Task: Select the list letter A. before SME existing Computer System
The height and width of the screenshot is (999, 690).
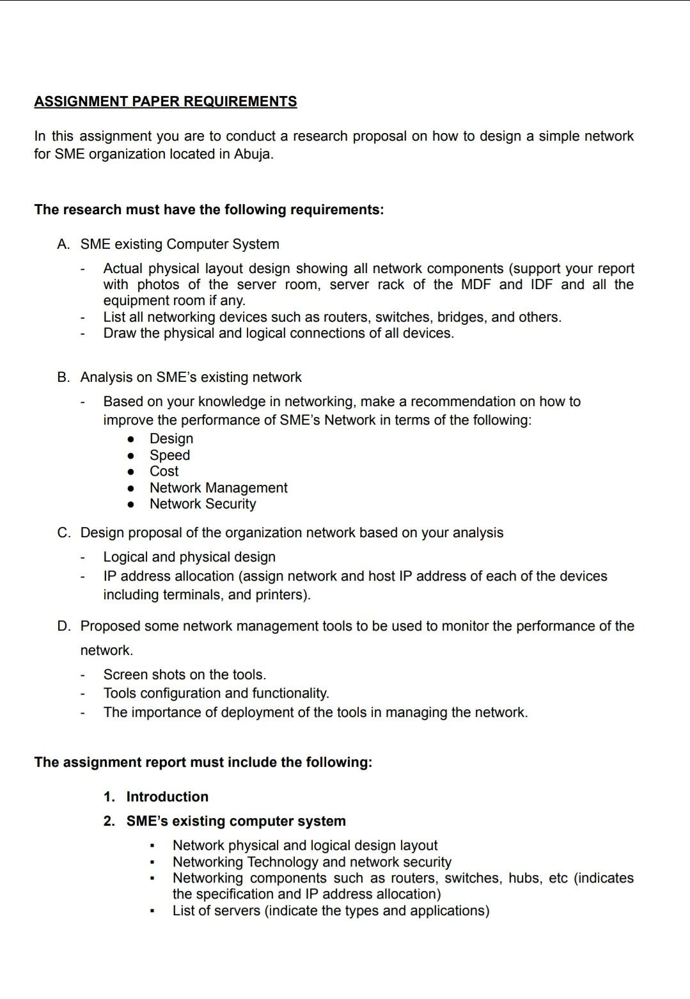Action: [x=63, y=244]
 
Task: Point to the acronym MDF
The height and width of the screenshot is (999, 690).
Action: [x=475, y=285]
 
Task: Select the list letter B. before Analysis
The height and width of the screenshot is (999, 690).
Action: [x=63, y=377]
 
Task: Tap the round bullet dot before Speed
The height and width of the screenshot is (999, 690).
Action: [x=131, y=455]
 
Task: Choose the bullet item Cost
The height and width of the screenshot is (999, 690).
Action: [x=164, y=471]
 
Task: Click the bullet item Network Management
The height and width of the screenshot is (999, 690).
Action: [x=218, y=488]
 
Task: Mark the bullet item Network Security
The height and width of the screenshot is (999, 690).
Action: [x=203, y=504]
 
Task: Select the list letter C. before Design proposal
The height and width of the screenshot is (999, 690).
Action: [x=63, y=533]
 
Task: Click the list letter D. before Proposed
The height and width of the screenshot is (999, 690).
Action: [x=63, y=626]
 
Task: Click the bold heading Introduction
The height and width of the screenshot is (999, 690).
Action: [x=167, y=797]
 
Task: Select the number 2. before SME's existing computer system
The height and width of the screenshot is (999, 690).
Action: [x=109, y=821]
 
